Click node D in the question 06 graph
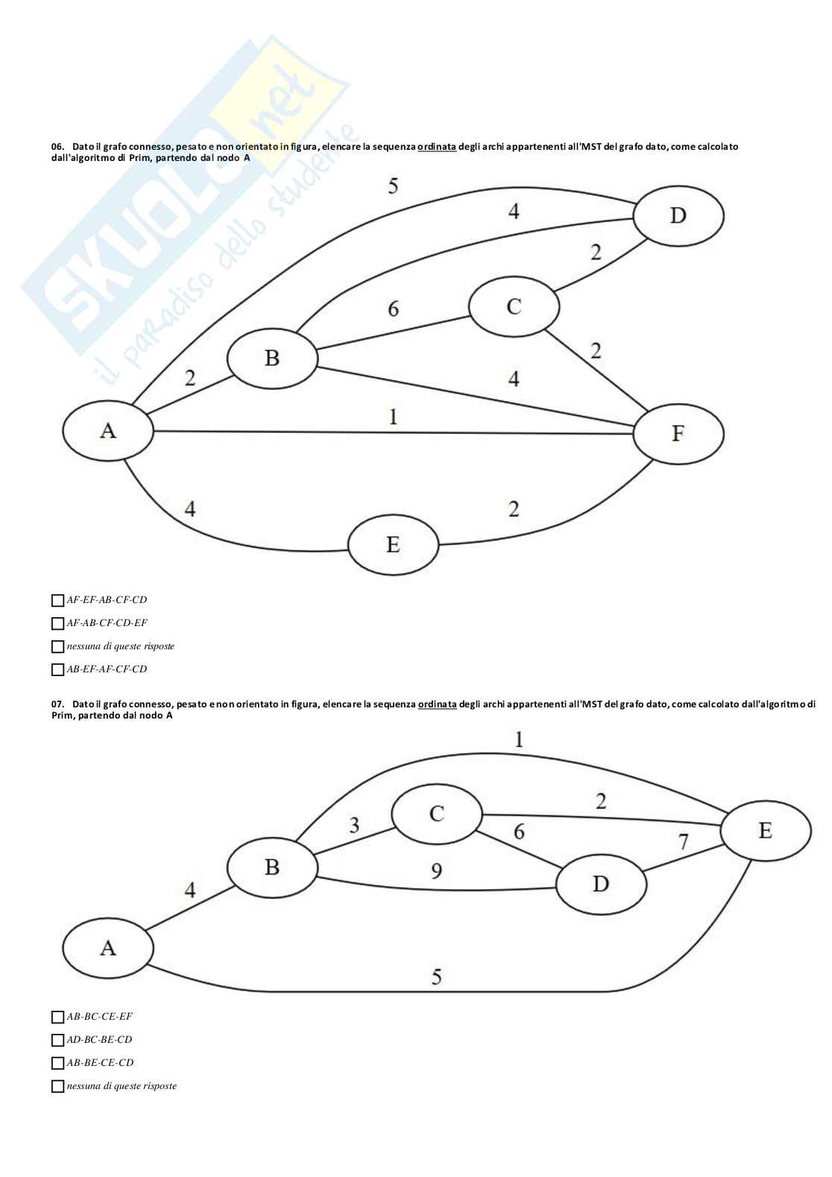click(x=678, y=215)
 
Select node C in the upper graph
click(x=514, y=306)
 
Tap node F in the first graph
click(x=678, y=433)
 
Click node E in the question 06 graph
click(x=393, y=544)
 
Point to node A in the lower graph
click(x=108, y=947)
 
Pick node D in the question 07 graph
click(x=601, y=883)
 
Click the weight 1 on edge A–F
click(x=393, y=416)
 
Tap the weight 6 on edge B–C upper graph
click(x=393, y=308)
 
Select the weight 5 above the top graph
click(x=393, y=186)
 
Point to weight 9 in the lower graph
click(x=437, y=870)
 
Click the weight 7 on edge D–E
click(x=683, y=842)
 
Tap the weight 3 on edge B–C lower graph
click(x=354, y=825)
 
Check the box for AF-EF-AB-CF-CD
click(x=57, y=600)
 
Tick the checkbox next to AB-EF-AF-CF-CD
click(x=57, y=669)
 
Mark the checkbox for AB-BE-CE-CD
click(x=57, y=1063)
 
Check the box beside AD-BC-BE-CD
click(x=57, y=1040)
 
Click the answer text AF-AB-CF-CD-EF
click(x=107, y=623)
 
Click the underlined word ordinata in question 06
click(x=436, y=147)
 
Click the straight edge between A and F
click(x=298, y=432)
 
